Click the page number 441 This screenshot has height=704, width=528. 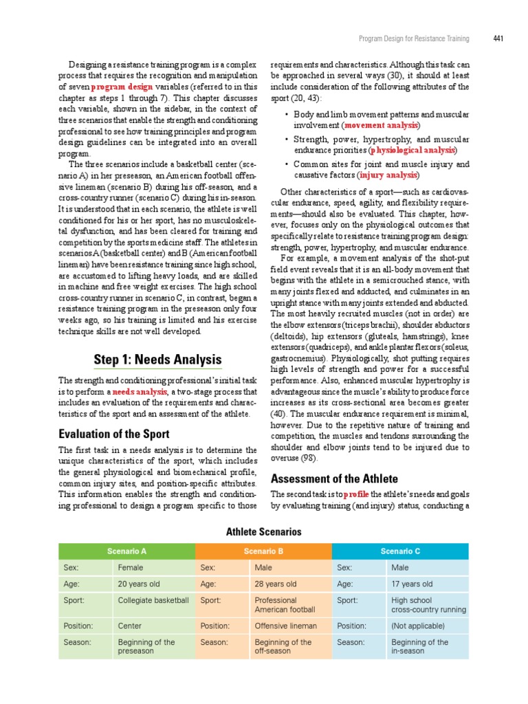(x=498, y=38)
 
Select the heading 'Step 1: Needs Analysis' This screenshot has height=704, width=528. (x=157, y=360)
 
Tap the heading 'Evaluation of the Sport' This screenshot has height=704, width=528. (x=113, y=434)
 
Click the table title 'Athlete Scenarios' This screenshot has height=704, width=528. (x=264, y=531)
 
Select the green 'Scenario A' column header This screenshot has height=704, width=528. (x=127, y=551)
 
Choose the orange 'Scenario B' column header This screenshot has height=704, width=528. (x=264, y=551)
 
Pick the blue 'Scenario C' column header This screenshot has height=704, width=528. (x=400, y=551)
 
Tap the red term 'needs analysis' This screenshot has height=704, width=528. (x=140, y=391)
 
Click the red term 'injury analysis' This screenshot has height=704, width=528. (x=388, y=175)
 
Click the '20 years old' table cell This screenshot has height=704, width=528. (x=139, y=584)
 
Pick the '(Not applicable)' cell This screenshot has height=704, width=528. (x=417, y=626)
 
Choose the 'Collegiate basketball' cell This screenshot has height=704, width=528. (x=153, y=599)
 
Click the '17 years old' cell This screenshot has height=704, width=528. (x=412, y=584)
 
